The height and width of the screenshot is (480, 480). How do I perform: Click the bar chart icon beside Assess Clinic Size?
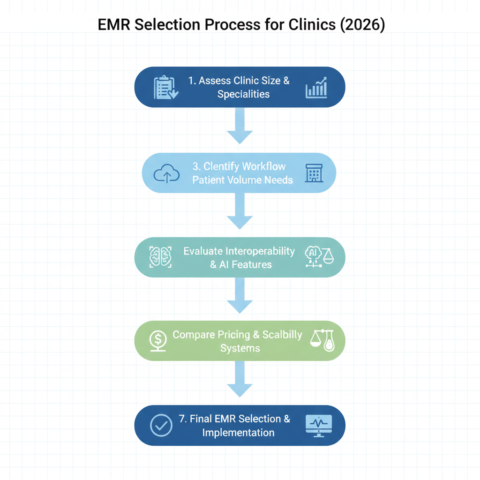click(x=316, y=88)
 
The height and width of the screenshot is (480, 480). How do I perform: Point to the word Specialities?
click(x=243, y=94)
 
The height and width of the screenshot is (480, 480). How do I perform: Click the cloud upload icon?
click(x=166, y=174)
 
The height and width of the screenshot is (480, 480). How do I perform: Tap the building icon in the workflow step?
click(x=314, y=173)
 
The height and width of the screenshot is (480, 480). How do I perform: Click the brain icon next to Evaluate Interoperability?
click(x=160, y=257)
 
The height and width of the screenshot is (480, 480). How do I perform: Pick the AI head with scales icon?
click(x=319, y=257)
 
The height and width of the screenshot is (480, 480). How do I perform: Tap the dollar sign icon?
click(x=157, y=339)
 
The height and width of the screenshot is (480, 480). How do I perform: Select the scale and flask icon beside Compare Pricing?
click(x=322, y=340)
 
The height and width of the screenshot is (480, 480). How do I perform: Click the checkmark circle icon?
click(x=161, y=425)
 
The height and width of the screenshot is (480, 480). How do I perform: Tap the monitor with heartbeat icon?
click(x=318, y=425)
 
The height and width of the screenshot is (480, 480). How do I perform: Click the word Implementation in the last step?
click(x=238, y=432)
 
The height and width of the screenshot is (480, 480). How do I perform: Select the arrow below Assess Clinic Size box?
click(x=240, y=126)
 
